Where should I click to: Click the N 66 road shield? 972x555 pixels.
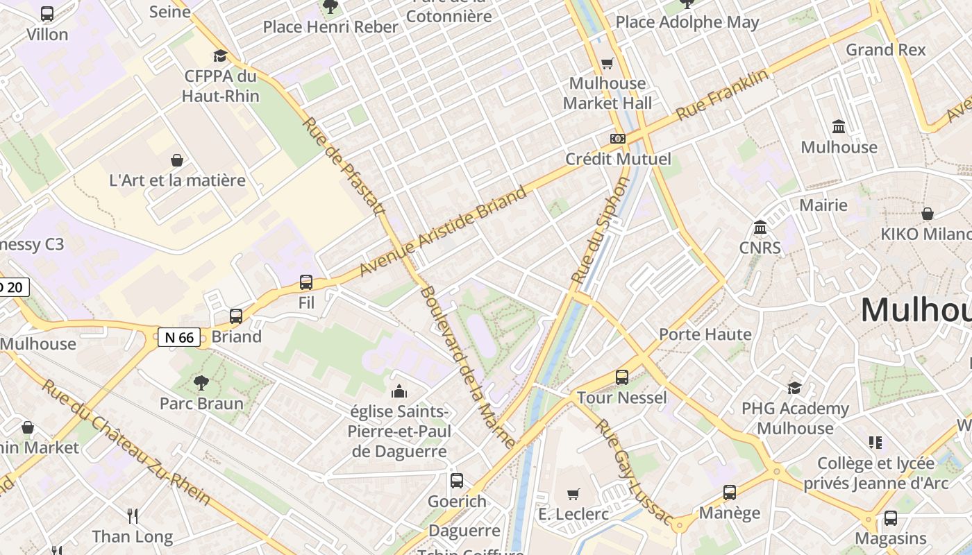point(179,338)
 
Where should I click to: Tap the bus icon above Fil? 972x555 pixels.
point(306,282)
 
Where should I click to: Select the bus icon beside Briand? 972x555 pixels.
point(236,316)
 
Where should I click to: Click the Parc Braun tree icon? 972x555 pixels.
point(201,382)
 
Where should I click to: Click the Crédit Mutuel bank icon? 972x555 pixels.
point(617,139)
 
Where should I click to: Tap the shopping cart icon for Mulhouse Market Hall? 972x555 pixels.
point(607,63)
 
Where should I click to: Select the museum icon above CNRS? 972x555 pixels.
point(760,228)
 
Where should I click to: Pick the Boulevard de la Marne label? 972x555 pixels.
point(468,367)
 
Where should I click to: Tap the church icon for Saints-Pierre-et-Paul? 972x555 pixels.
point(399,392)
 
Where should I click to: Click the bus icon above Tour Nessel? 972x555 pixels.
point(622,377)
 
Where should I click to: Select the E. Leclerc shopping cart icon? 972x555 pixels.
point(573,494)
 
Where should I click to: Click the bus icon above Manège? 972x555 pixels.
point(730,493)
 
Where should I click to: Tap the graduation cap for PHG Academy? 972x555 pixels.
point(794,388)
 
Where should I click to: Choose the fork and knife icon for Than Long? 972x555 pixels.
point(133,515)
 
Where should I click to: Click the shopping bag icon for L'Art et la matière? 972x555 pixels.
point(177,160)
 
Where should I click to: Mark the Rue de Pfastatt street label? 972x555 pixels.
point(344,166)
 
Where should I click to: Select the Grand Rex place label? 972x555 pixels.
point(886,50)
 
